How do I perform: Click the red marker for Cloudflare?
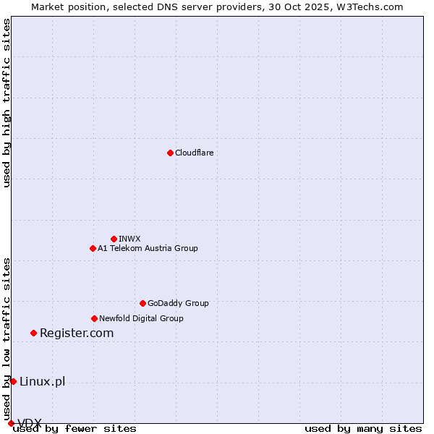[170, 153]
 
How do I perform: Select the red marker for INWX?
[114, 239]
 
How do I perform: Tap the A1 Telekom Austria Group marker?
[93, 248]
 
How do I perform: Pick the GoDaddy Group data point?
[142, 303]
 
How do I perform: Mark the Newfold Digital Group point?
[94, 318]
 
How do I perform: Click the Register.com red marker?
[33, 333]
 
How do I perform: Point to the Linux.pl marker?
[13, 381]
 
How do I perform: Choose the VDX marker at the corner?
[11, 423]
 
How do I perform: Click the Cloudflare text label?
[194, 153]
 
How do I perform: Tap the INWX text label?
[129, 239]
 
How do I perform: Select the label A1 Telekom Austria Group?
[148, 248]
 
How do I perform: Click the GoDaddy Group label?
[178, 303]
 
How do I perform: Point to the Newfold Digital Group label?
[141, 318]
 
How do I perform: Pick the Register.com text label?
[77, 333]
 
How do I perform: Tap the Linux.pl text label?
[42, 381]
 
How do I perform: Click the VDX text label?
[30, 422]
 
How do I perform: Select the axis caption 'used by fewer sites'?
[75, 429]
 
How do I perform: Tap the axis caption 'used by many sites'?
[363, 429]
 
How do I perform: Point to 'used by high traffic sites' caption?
[7, 103]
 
